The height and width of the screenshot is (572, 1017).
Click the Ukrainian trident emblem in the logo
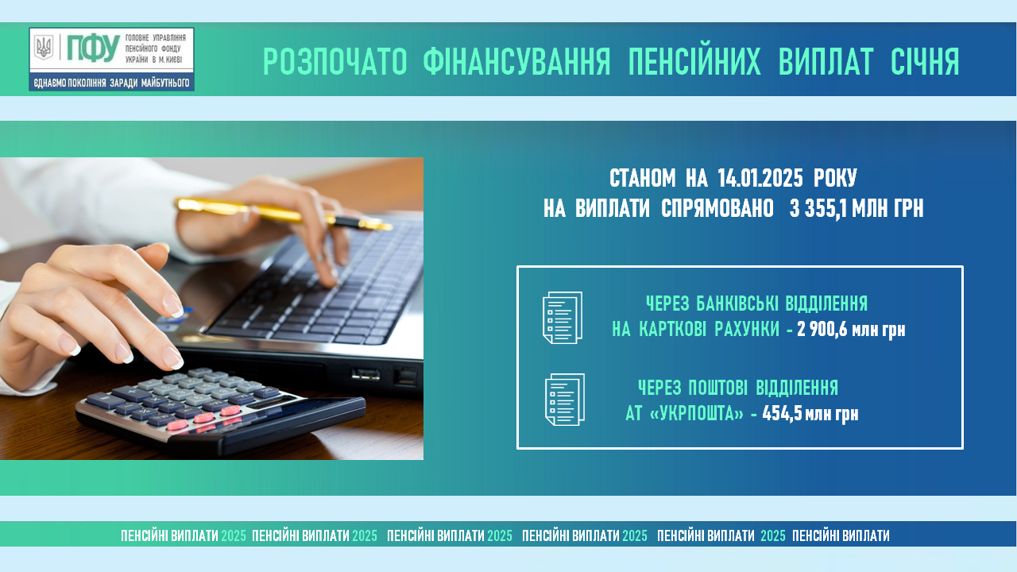[x=44, y=48]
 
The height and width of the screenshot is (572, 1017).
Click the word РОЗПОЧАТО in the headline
[x=335, y=61]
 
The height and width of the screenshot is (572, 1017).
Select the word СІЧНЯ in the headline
[x=925, y=61]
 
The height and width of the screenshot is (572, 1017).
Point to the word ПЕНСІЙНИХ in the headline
[x=694, y=61]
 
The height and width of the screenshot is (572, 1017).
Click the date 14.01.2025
[x=760, y=178]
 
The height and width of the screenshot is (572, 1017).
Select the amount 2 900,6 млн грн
[x=851, y=330]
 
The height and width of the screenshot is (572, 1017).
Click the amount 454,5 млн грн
[x=810, y=414]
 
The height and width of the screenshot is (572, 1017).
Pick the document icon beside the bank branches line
[x=563, y=318]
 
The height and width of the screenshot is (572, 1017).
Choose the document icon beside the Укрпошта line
[x=565, y=400]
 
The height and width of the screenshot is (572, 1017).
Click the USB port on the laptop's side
[x=366, y=374]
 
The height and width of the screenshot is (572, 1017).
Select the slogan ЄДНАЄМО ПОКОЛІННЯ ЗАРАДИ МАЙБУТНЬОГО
[x=112, y=83]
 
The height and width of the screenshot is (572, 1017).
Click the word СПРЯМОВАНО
[x=717, y=209]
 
